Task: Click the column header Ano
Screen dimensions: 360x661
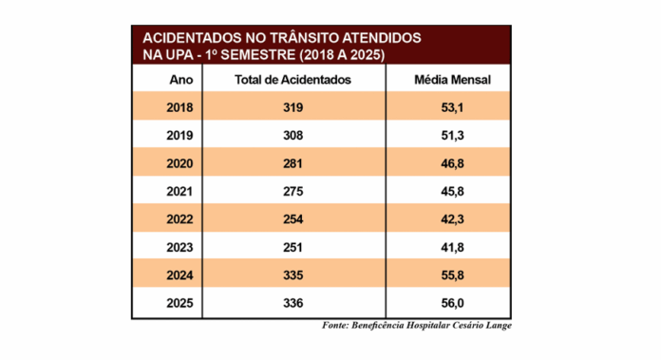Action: [x=180, y=79]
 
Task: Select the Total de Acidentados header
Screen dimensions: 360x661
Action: [x=293, y=79]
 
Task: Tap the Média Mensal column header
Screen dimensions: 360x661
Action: [x=453, y=79]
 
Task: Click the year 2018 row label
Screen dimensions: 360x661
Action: [x=180, y=107]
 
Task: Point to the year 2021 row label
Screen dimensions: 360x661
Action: [x=180, y=191]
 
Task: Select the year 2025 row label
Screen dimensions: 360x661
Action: [x=180, y=303]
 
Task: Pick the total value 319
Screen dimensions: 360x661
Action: [x=293, y=107]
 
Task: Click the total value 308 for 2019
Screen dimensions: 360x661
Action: [x=293, y=135]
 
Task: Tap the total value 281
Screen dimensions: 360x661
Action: [x=293, y=163]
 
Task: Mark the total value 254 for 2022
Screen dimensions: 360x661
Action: [x=293, y=219]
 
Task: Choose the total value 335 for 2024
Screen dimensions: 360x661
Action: [x=293, y=275]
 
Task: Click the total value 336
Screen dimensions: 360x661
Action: [x=293, y=303]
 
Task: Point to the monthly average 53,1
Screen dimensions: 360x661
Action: [x=453, y=107]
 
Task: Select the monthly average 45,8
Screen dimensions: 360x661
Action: [x=453, y=191]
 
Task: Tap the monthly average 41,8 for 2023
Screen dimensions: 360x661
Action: [x=453, y=247]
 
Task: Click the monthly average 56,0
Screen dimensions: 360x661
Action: [x=453, y=303]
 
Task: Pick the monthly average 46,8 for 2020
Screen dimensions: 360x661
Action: [x=453, y=163]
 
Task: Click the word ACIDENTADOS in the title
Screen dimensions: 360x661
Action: [x=196, y=38]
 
